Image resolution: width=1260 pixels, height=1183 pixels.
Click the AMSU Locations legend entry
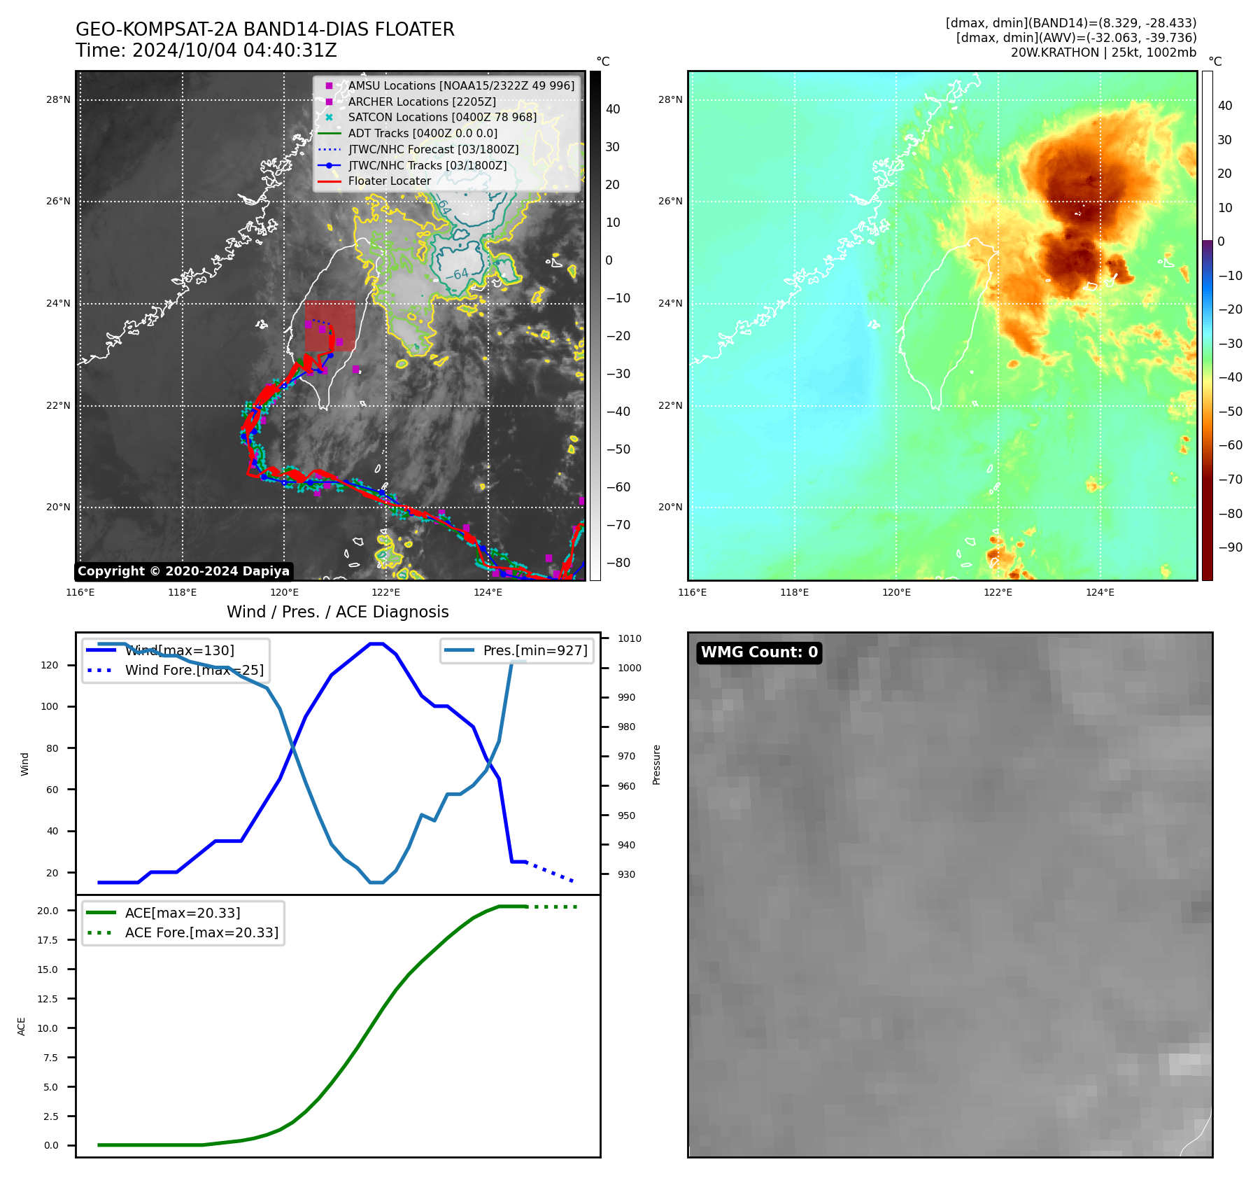pos(461,85)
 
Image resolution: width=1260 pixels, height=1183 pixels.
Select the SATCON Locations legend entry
pos(442,117)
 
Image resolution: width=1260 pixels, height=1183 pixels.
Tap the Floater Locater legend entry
pos(389,181)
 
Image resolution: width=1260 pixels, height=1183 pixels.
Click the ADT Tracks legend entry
pos(423,133)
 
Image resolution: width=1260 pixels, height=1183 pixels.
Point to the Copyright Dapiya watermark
pos(183,571)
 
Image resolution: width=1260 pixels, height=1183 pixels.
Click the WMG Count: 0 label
pos(759,652)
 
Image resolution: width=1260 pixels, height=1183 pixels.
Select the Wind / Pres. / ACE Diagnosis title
pos(337,612)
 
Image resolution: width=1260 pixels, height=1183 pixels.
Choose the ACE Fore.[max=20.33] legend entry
pos(201,932)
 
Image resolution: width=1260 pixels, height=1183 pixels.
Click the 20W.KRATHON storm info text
pos(1103,52)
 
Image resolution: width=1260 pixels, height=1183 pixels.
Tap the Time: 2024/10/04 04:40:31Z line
pos(206,50)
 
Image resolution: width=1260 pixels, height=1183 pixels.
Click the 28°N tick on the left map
pos(59,99)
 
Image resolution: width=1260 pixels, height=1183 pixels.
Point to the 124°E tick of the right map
pos(1100,592)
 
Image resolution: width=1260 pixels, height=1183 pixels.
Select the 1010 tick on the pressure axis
pos(629,638)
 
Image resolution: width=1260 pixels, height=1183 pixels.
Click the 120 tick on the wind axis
pos(50,665)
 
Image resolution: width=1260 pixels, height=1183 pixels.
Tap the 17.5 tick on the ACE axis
pos(48,940)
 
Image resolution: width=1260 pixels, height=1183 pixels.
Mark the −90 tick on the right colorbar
pos(1230,547)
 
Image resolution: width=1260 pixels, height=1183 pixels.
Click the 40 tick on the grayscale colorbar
pos(613,108)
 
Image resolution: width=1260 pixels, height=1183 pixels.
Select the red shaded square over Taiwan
pos(330,325)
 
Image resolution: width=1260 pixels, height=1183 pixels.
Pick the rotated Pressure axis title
pos(656,764)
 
